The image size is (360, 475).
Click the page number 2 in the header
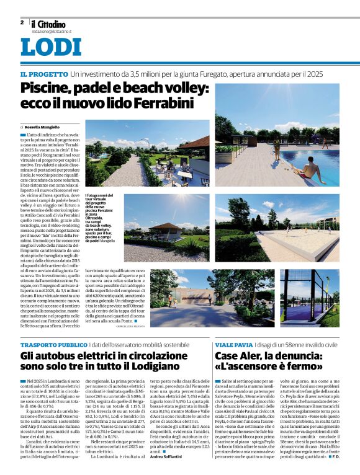point(22,22)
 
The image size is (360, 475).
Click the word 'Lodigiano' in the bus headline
point(166,371)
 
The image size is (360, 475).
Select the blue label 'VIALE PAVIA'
point(234,344)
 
